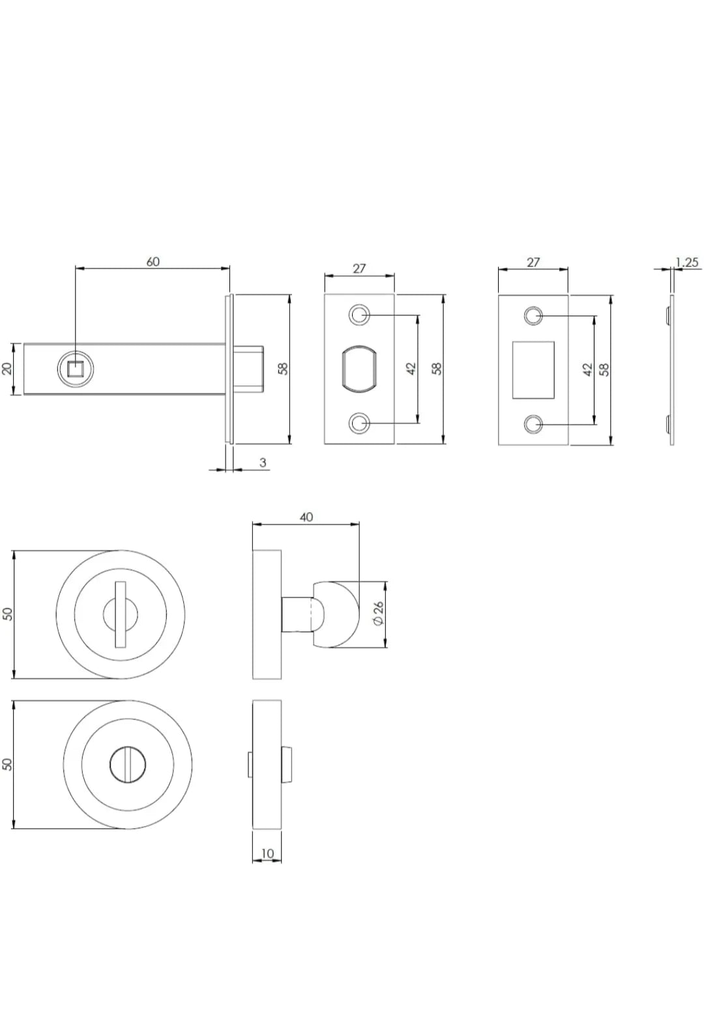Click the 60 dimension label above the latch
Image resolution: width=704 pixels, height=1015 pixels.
pyautogui.click(x=153, y=261)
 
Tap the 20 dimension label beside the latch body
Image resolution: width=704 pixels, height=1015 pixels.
pyautogui.click(x=7, y=369)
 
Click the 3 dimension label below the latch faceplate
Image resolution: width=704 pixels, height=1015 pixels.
pyautogui.click(x=263, y=463)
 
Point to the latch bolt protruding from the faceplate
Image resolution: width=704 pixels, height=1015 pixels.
pyautogui.click(x=248, y=369)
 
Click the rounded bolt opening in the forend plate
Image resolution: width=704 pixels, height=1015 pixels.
pyautogui.click(x=359, y=369)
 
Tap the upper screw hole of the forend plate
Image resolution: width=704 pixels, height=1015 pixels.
pyautogui.click(x=358, y=314)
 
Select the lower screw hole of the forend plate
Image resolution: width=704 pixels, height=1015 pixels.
pyautogui.click(x=358, y=423)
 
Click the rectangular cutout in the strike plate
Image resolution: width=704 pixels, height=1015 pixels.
pyautogui.click(x=533, y=370)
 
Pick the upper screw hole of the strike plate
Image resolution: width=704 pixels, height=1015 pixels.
pyautogui.click(x=533, y=315)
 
